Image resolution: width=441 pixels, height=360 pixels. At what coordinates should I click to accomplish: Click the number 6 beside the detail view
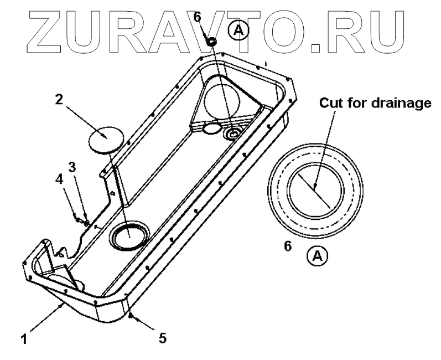(x=287, y=246)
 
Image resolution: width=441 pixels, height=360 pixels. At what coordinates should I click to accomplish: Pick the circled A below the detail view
(x=318, y=255)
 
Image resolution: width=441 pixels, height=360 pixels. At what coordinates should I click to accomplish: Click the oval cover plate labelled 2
(x=104, y=138)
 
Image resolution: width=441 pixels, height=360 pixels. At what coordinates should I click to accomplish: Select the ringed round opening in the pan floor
(x=129, y=236)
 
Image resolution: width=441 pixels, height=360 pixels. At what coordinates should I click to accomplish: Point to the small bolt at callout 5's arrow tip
(x=131, y=316)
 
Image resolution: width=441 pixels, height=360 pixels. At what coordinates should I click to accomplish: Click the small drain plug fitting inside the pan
(x=232, y=133)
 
